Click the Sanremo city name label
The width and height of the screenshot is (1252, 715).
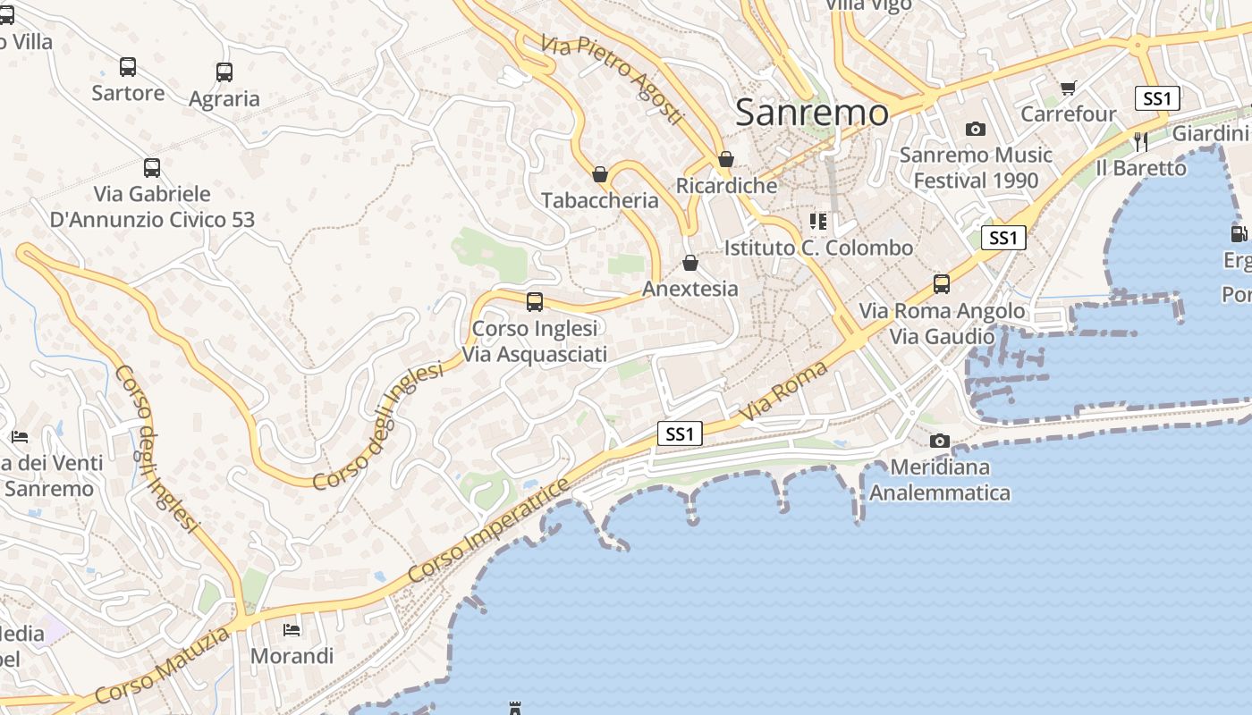pyautogui.click(x=812, y=113)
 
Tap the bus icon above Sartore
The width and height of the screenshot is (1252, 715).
pyautogui.click(x=128, y=67)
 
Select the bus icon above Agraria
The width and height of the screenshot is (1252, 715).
pyautogui.click(x=224, y=72)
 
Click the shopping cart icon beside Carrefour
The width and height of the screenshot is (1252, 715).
pyautogui.click(x=1068, y=88)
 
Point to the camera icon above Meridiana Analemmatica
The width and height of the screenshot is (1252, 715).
pyautogui.click(x=939, y=441)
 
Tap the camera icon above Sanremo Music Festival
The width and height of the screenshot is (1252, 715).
pyautogui.click(x=976, y=130)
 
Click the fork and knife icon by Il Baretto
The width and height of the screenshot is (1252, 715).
pyautogui.click(x=1140, y=141)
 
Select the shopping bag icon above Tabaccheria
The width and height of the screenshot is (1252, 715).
pyautogui.click(x=600, y=173)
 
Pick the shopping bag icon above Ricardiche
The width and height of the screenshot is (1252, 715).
pyautogui.click(x=726, y=159)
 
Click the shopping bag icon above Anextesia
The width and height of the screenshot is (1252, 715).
pyautogui.click(x=689, y=263)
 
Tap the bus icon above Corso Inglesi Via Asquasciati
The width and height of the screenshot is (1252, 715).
pyautogui.click(x=535, y=302)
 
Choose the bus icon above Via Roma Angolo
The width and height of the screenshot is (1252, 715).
pyautogui.click(x=942, y=284)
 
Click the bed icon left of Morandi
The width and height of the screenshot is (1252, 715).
pyautogui.click(x=292, y=630)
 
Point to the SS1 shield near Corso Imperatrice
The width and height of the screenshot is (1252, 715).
pyautogui.click(x=680, y=434)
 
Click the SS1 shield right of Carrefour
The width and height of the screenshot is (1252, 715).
pyautogui.click(x=1157, y=98)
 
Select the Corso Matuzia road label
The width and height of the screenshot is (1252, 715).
pyautogui.click(x=162, y=667)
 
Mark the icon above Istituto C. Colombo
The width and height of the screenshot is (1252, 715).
pyautogui.click(x=818, y=221)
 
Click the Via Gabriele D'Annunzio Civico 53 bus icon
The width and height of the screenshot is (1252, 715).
pyautogui.click(x=152, y=168)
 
